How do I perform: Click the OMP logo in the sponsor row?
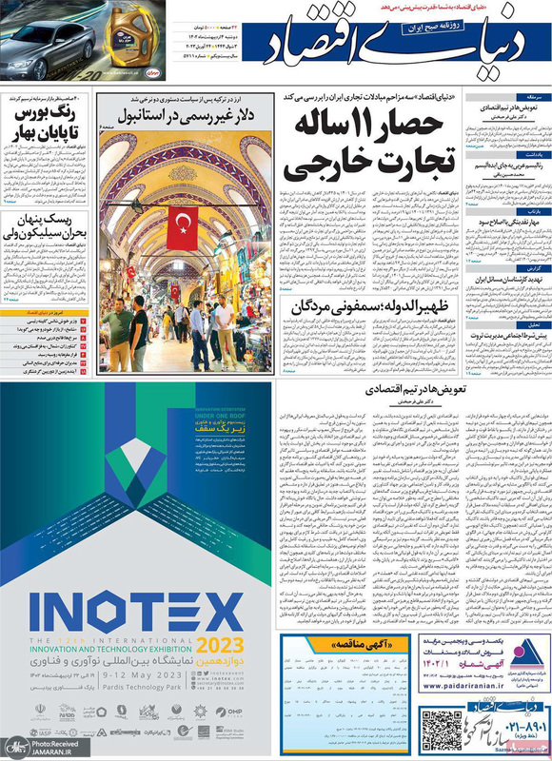point(232,709)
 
